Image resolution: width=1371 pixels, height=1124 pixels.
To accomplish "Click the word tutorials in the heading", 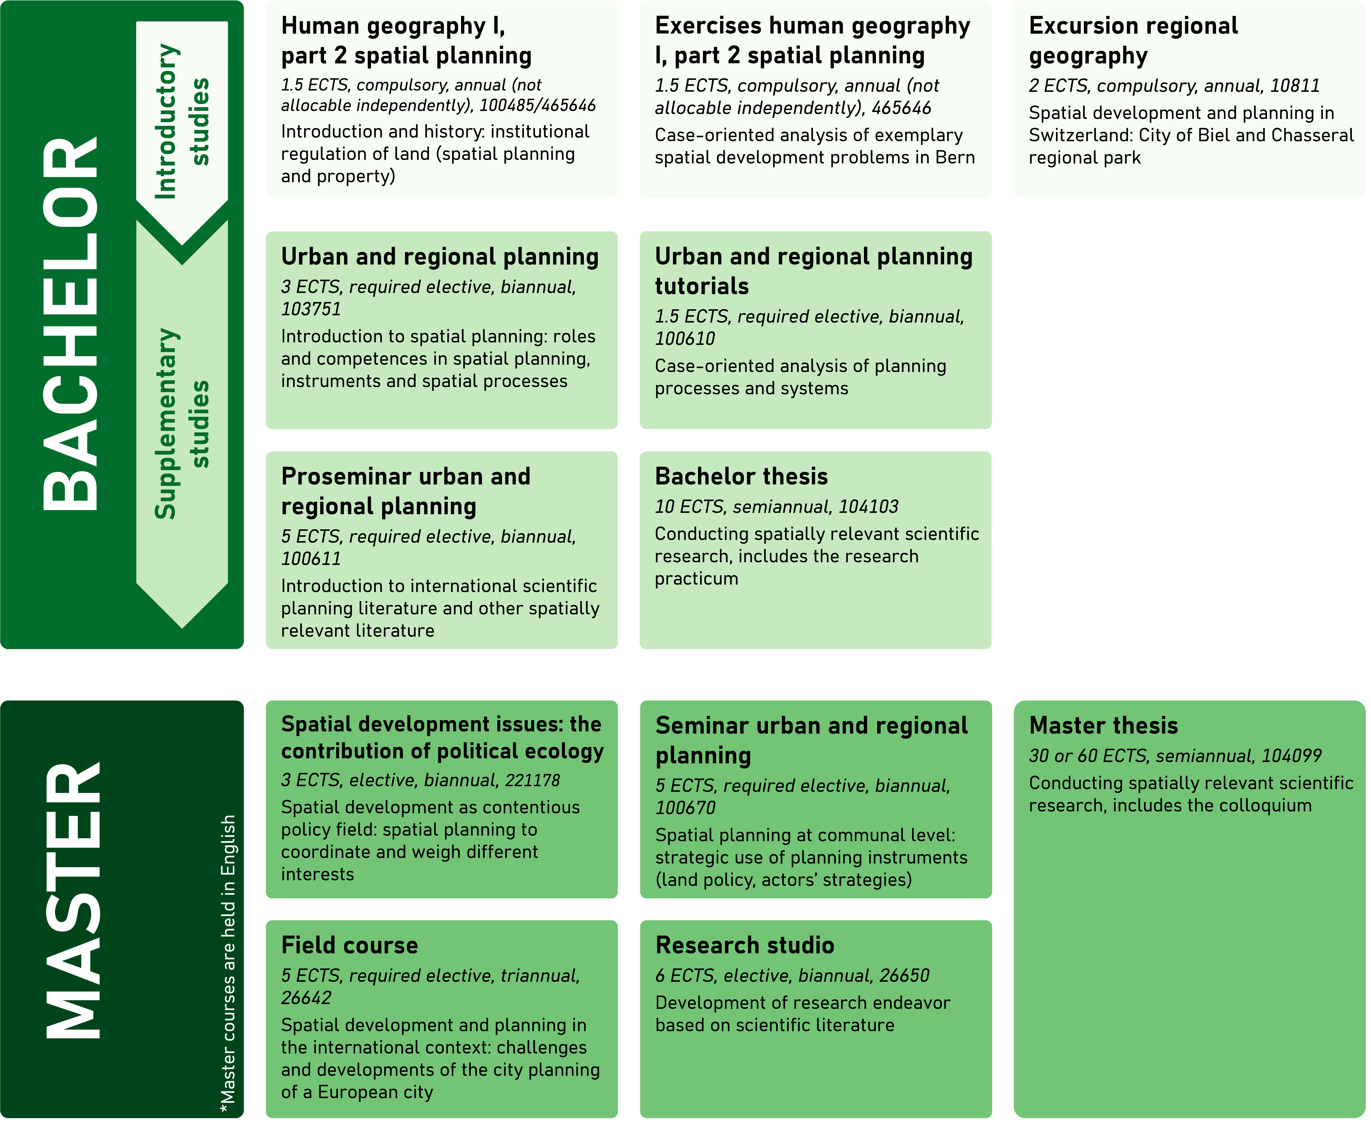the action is (x=702, y=286).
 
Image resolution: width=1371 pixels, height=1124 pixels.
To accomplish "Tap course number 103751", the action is (x=311, y=309).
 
